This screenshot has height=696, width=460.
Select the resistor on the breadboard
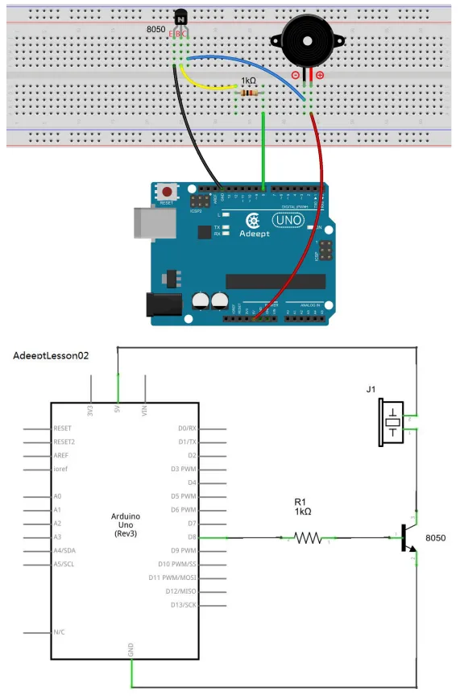[251, 93]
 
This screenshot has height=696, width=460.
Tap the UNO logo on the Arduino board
[287, 220]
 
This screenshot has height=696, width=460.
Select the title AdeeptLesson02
[51, 355]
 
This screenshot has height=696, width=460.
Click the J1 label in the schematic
[371, 390]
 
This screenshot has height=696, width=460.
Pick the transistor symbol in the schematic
[407, 538]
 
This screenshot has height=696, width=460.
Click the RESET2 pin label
[64, 441]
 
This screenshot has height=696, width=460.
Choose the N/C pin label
[60, 632]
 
